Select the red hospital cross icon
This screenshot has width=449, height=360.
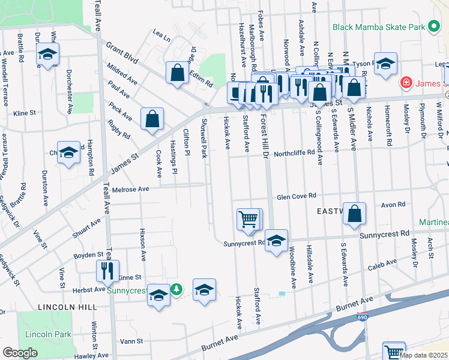[x=407, y=82]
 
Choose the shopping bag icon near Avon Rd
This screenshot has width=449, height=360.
[x=354, y=213]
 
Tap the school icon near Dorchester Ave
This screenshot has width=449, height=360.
[x=47, y=53]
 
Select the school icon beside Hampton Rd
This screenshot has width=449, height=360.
[x=69, y=152]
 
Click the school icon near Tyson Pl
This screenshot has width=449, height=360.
[x=385, y=63]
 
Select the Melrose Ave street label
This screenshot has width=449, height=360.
[x=134, y=189]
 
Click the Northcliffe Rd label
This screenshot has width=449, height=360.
[x=294, y=152]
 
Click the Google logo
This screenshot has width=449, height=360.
[x=20, y=353]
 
